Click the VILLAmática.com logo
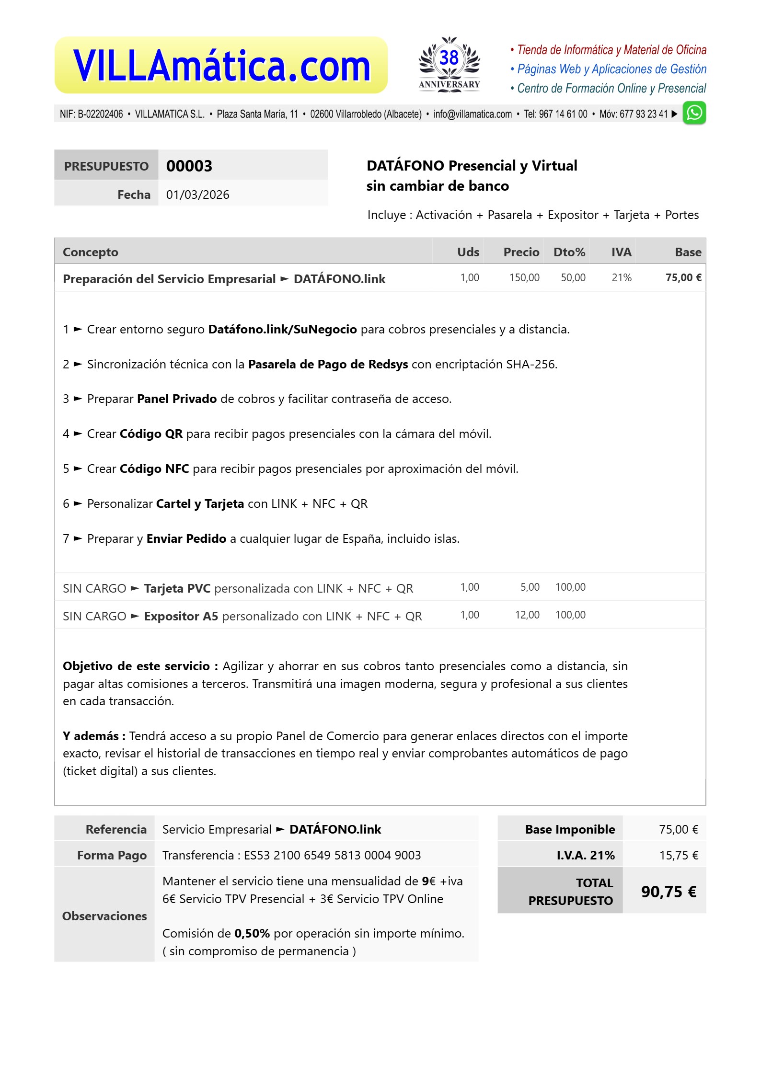(x=221, y=66)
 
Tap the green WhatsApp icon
(x=694, y=113)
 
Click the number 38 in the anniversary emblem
(x=449, y=58)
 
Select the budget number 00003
(x=189, y=166)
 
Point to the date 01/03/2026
(x=197, y=195)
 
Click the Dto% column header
(x=569, y=252)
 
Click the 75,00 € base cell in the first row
(x=683, y=278)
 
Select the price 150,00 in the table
(x=524, y=278)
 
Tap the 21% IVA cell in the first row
(x=621, y=278)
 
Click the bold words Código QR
(x=151, y=434)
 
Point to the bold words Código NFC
(x=154, y=469)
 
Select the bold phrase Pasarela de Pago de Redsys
(x=328, y=365)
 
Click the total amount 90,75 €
(x=668, y=892)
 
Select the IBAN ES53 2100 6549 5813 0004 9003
(x=332, y=855)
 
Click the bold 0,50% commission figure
(x=252, y=933)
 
